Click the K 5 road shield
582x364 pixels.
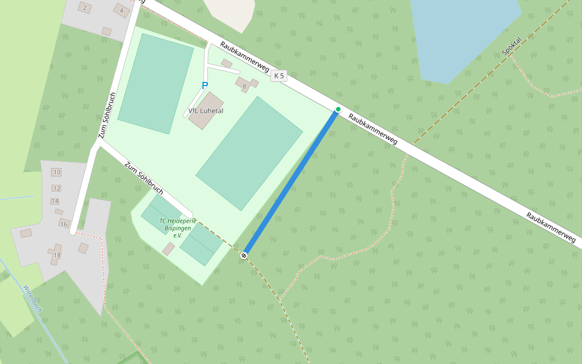point(278,76)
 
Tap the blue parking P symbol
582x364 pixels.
point(205,86)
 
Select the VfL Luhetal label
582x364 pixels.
point(206,112)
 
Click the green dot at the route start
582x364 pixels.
point(338,109)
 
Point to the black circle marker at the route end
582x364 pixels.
point(244,255)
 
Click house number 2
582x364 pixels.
point(84,8)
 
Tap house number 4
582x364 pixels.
point(122,10)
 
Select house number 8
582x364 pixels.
point(244,87)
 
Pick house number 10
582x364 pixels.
point(57,172)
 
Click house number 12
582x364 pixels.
point(56,188)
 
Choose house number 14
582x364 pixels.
point(55,201)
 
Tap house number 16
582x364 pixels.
point(64,224)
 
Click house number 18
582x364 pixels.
point(57,255)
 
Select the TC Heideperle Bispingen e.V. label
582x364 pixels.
point(178,227)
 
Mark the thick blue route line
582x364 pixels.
point(291,182)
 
